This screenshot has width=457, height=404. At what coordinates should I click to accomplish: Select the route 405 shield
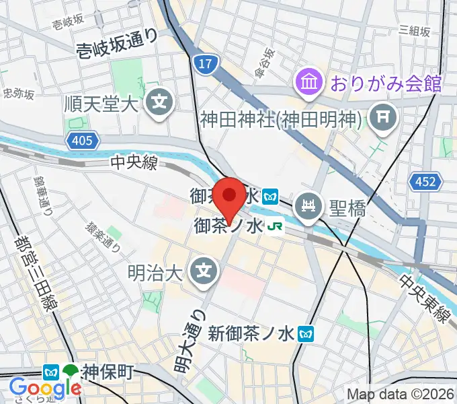tap(83, 141)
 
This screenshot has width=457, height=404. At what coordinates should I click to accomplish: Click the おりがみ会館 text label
tap(384, 83)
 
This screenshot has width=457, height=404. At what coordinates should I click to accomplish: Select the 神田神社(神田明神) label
tap(282, 119)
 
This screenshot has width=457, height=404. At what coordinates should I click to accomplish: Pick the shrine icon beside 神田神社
tap(384, 118)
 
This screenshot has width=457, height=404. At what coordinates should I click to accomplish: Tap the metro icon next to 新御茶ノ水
tap(306, 333)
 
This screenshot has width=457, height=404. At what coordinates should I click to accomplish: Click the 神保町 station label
tap(109, 371)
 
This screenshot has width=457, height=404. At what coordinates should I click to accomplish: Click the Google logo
tap(45, 388)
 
